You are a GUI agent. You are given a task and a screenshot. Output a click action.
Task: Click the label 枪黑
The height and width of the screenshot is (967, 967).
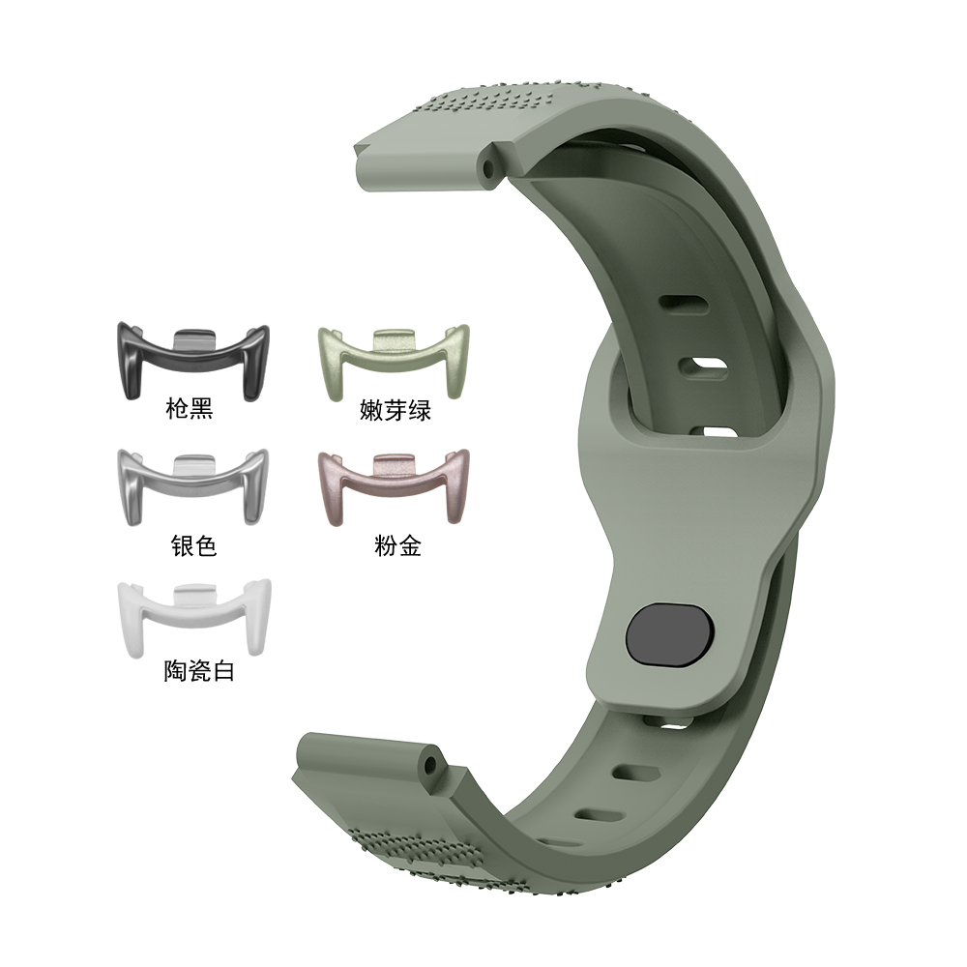pos(190,408)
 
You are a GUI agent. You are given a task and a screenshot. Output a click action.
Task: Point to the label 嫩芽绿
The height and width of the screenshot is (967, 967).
pos(396,410)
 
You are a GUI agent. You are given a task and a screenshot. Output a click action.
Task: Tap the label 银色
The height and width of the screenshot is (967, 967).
pos(193,545)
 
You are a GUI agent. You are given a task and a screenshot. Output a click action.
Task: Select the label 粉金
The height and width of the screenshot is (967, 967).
pos(397,545)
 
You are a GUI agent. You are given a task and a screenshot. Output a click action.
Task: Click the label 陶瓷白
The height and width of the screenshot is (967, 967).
pos(199,671)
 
